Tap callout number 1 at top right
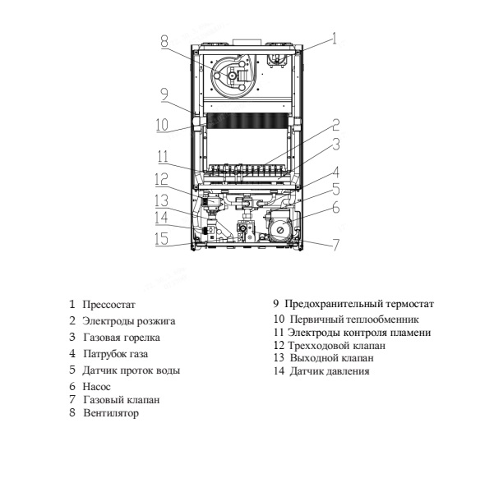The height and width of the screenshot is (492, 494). pyautogui.click(x=335, y=36)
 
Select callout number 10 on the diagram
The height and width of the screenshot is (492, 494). pyautogui.click(x=162, y=126)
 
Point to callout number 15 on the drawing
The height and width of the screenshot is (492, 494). pyautogui.click(x=162, y=239)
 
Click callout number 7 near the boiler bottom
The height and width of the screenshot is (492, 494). pyautogui.click(x=335, y=244)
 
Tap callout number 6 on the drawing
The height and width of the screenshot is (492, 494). pyautogui.click(x=335, y=209)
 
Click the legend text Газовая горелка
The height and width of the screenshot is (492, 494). pyautogui.click(x=122, y=338)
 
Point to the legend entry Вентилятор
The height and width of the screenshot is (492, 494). pyautogui.click(x=111, y=413)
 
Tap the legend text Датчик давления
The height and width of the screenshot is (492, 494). pyautogui.click(x=330, y=371)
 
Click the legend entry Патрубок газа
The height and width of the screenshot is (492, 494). pyautogui.click(x=115, y=354)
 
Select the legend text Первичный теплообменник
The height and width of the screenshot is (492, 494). pyautogui.click(x=354, y=319)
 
